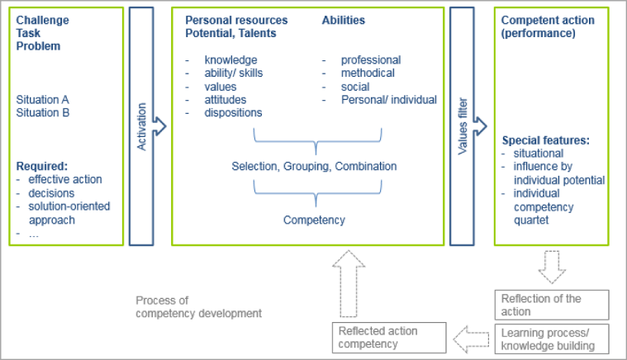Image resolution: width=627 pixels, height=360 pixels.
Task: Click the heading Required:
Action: click(x=42, y=165)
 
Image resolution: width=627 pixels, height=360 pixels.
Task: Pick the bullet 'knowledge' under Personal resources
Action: click(x=230, y=60)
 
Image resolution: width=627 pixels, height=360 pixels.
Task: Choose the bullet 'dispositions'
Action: click(x=233, y=112)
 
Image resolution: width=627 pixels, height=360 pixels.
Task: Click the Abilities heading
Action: click(x=343, y=20)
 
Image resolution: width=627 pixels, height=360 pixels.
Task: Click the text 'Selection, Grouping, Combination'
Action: click(x=314, y=166)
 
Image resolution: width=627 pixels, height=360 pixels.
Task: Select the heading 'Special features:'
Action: click(x=544, y=140)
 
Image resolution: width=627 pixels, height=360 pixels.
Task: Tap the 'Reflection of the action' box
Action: click(x=552, y=305)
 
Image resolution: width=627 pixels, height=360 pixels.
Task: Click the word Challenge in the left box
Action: click(x=42, y=20)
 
